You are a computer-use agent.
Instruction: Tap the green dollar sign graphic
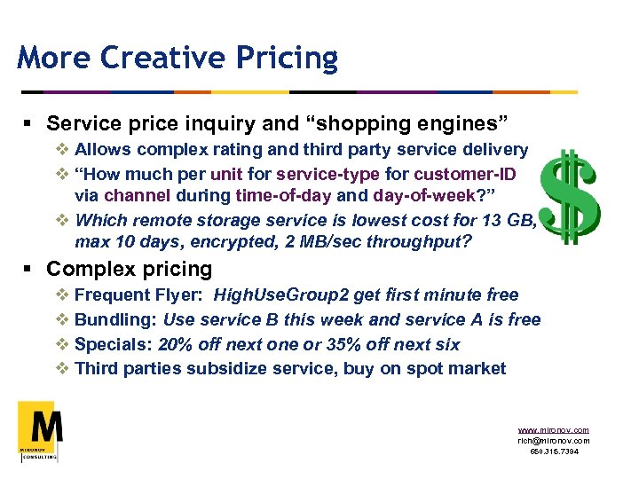click(572, 196)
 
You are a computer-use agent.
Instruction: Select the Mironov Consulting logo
click(40, 430)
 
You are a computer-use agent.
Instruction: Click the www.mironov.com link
click(553, 430)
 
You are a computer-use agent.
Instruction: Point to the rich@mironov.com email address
click(553, 441)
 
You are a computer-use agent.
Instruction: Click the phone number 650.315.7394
click(553, 452)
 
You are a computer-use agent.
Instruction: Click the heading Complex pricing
click(130, 269)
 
